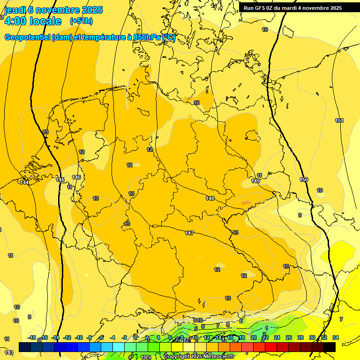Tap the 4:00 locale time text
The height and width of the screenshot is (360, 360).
tap(33, 21)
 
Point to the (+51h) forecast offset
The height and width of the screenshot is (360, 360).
tap(81, 21)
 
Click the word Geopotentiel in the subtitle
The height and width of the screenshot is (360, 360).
tap(27, 37)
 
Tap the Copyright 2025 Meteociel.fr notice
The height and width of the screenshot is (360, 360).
tap(199, 356)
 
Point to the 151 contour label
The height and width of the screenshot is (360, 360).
tap(339, 120)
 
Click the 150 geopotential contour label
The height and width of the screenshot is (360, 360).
tap(304, 180)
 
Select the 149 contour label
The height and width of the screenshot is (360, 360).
tap(255, 181)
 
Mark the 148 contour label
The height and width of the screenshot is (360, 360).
tap(210, 198)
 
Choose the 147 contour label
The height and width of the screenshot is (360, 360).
tap(189, 233)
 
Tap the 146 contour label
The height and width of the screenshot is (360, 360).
tap(76, 177)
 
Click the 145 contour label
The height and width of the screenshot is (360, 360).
tap(60, 180)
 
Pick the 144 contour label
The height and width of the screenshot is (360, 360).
tap(24, 182)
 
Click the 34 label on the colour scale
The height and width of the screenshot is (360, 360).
tap(335, 337)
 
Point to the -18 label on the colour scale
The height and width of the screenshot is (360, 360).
tap(32, 337)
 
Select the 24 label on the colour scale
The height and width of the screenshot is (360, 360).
tap(277, 337)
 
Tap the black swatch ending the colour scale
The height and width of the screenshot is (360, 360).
tap(330, 347)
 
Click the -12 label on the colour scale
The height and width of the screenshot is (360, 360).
tap(67, 337)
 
